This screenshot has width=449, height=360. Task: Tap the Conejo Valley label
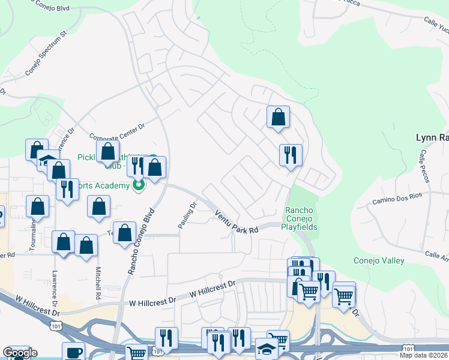click(x=379, y=260)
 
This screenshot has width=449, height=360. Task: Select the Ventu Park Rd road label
click(x=237, y=221)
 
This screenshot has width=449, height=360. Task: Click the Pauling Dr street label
click(x=187, y=215)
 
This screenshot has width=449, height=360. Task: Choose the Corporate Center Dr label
click(x=118, y=137)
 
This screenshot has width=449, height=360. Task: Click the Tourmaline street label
click(x=34, y=234)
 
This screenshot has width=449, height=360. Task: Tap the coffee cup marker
click(x=74, y=352)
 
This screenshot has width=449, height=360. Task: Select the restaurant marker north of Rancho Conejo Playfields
click(x=291, y=155)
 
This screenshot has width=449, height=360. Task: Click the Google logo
click(x=20, y=353)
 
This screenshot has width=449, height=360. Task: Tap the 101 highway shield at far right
click(x=408, y=349)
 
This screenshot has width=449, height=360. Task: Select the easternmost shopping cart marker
click(x=343, y=295)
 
